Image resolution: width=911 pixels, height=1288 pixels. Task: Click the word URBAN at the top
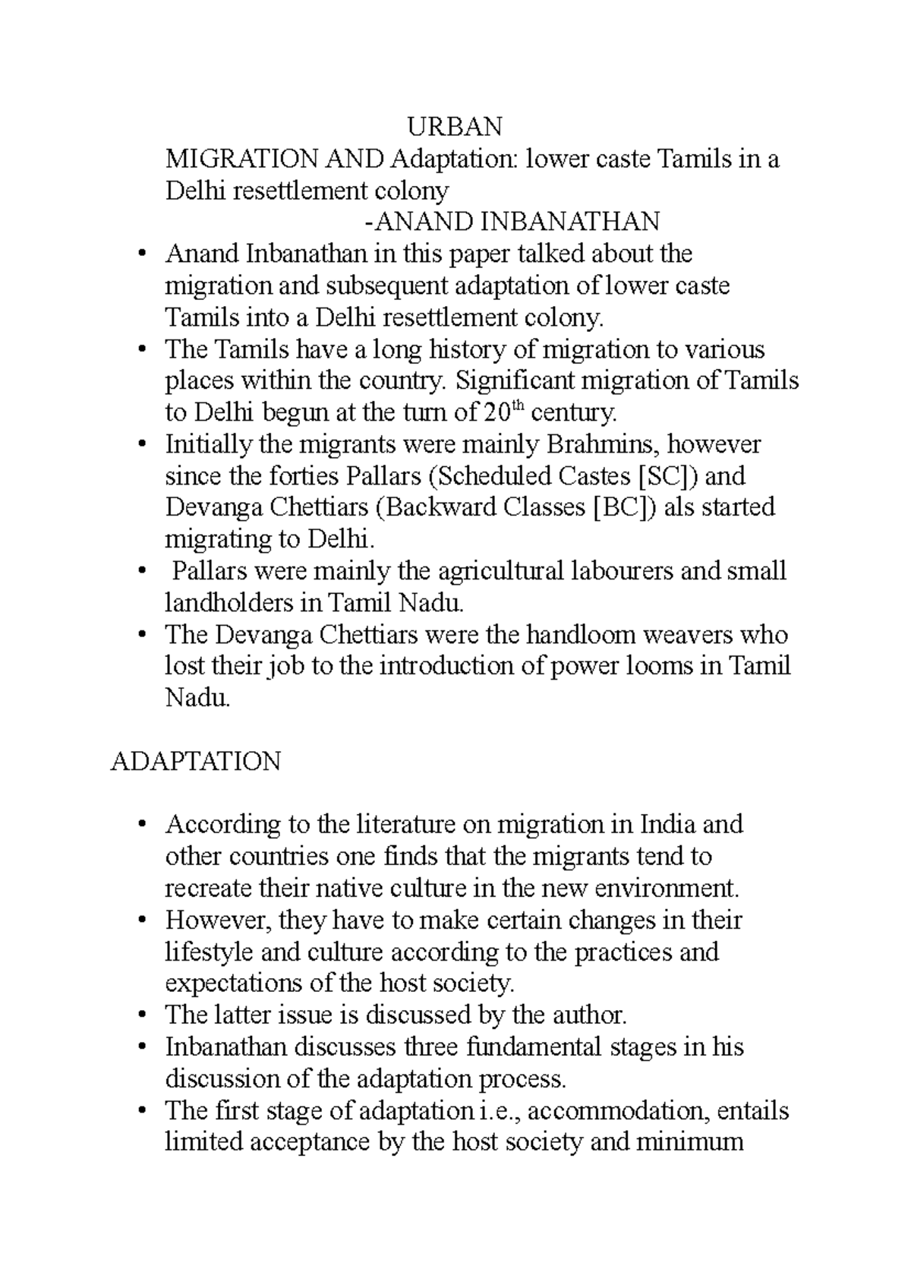(455, 126)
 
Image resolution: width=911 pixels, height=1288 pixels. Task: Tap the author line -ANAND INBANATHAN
(512, 222)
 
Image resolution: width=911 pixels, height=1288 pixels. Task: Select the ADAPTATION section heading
(196, 762)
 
